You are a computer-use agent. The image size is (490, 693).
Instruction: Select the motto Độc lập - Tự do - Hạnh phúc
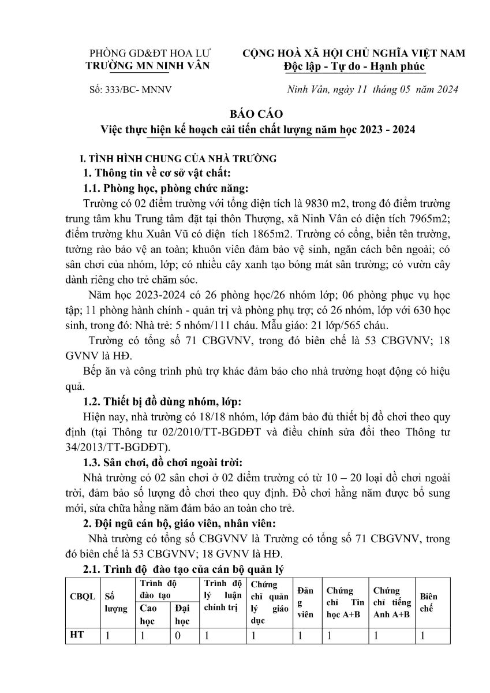[x=354, y=66]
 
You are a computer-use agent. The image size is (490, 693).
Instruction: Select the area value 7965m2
[x=424, y=219]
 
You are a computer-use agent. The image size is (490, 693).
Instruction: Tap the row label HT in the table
[x=76, y=635]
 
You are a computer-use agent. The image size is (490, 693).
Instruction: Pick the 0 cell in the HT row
[x=178, y=636]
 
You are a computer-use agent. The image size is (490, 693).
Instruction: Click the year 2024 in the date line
[x=446, y=90]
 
